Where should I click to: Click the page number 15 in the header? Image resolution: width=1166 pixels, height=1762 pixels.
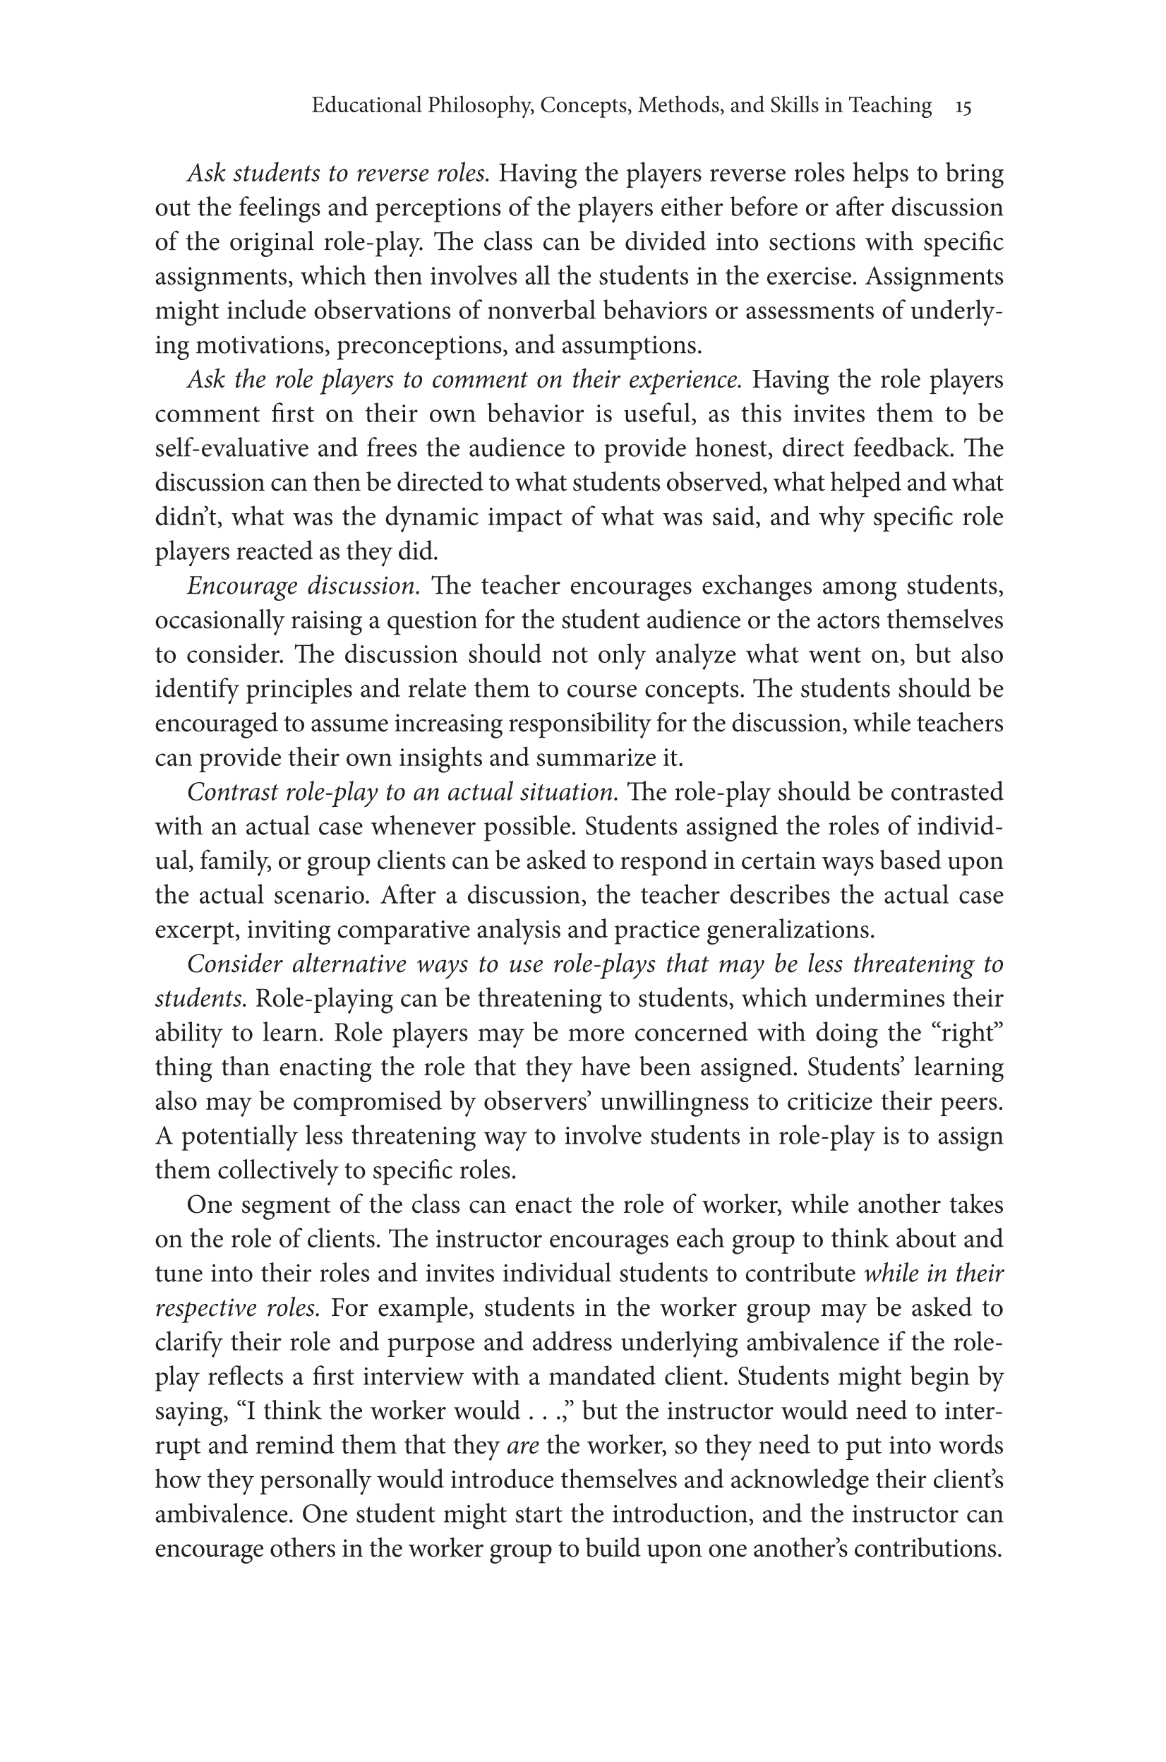tap(963, 107)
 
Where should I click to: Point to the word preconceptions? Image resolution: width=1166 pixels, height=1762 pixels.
tap(421, 346)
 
